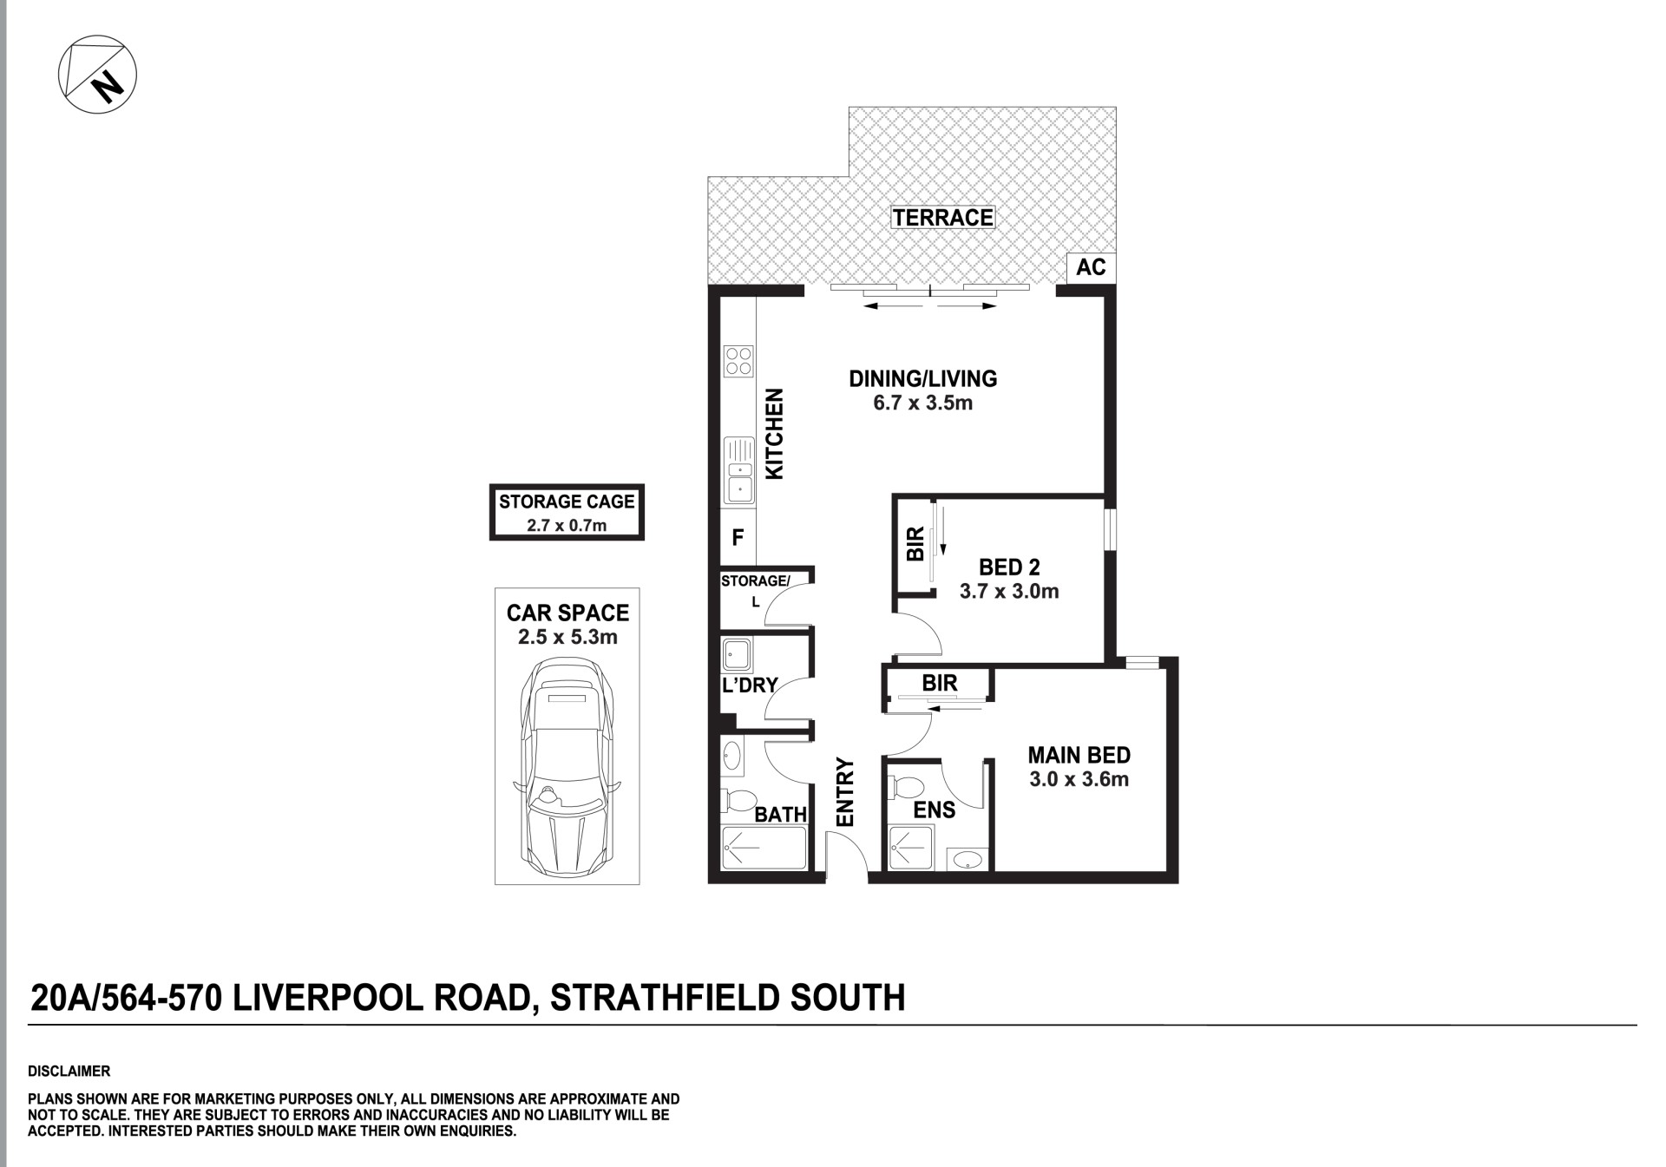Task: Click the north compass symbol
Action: click(97, 74)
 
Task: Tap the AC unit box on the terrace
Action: click(1091, 267)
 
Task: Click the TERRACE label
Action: click(943, 217)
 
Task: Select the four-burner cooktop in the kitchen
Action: click(739, 362)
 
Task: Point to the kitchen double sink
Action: click(739, 469)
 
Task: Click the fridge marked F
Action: click(738, 538)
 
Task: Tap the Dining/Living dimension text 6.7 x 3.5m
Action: click(922, 403)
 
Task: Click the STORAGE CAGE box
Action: click(567, 513)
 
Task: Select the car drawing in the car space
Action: click(567, 767)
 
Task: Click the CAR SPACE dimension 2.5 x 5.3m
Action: click(567, 637)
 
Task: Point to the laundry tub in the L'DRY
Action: click(738, 655)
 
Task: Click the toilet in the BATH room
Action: click(737, 799)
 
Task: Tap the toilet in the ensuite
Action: click(907, 788)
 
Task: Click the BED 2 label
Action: click(1009, 567)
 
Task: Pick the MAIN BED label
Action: click(1079, 755)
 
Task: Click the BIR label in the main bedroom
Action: click(940, 684)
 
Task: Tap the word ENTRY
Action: click(845, 792)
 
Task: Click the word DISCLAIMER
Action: click(69, 1072)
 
